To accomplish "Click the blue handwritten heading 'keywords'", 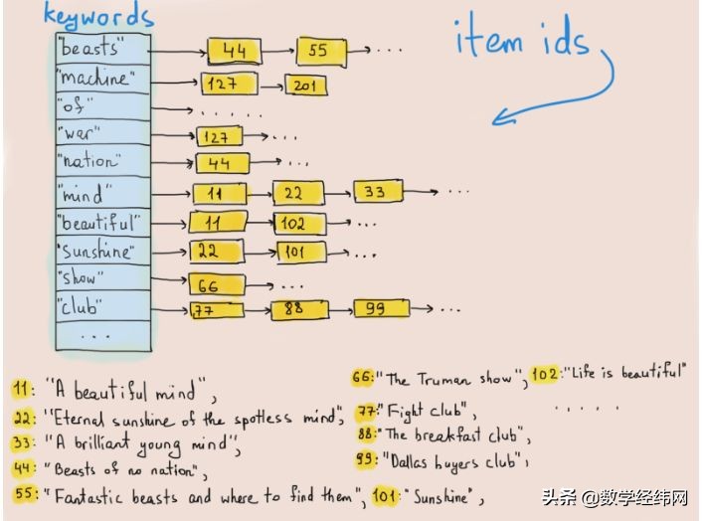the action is (99, 17).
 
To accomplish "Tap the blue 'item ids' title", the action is (521, 37).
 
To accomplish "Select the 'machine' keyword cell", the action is (102, 80).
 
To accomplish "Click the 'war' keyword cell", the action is (102, 132).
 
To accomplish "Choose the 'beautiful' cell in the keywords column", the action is (102, 223).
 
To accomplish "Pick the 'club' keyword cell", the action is (102, 306).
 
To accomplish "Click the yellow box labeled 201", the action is (306, 86).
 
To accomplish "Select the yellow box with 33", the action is (379, 192).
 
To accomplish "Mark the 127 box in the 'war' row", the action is (220, 136).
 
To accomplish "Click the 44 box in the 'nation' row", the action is (223, 163).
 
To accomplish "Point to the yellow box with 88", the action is (299, 309).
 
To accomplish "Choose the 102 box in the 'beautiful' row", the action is (300, 224).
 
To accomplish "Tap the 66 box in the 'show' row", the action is (217, 284).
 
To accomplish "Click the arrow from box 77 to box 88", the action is (259, 310).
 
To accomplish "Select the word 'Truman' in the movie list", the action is (444, 381).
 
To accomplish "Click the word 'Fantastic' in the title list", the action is (88, 496).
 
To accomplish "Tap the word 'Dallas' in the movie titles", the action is (409, 461).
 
